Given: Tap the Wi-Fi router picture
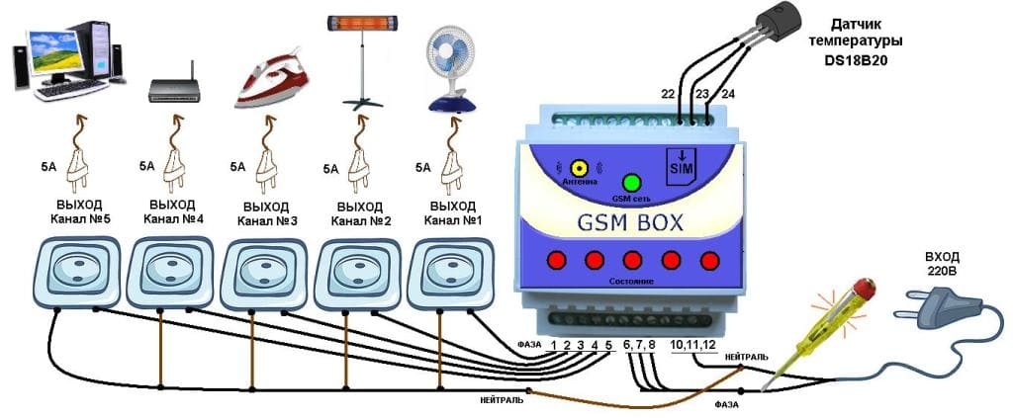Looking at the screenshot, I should [173, 88].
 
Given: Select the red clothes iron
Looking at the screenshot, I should [266, 83].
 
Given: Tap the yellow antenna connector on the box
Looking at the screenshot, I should [580, 169].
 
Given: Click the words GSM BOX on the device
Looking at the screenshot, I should [629, 224].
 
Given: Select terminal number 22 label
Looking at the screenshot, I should [670, 94].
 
